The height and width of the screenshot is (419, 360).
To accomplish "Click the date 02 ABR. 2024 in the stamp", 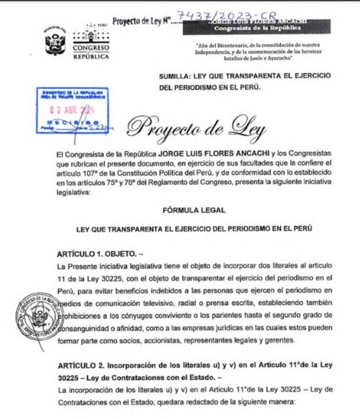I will [71, 110].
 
